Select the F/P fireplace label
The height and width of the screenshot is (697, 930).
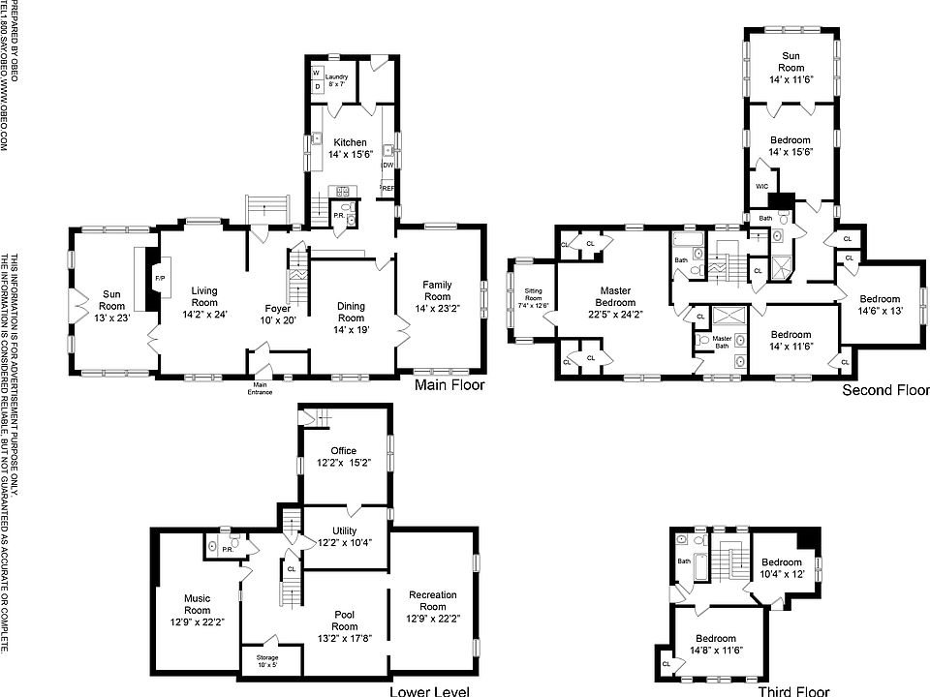pyautogui.click(x=160, y=279)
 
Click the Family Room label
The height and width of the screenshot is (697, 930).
pyautogui.click(x=437, y=295)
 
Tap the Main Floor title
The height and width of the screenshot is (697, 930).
pyautogui.click(x=449, y=385)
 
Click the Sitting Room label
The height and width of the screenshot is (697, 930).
pyautogui.click(x=535, y=297)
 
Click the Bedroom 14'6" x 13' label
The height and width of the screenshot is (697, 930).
pyautogui.click(x=879, y=305)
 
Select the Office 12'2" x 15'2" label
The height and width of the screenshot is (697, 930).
pyautogui.click(x=344, y=457)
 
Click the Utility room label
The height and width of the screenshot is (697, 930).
pyautogui.click(x=344, y=537)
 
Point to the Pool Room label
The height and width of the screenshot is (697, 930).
pyautogui.click(x=344, y=621)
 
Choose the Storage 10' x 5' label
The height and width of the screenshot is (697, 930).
pyautogui.click(x=266, y=660)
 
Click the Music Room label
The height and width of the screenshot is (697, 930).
pyautogui.click(x=197, y=604)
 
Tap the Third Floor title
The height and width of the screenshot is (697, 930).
pyautogui.click(x=793, y=691)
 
